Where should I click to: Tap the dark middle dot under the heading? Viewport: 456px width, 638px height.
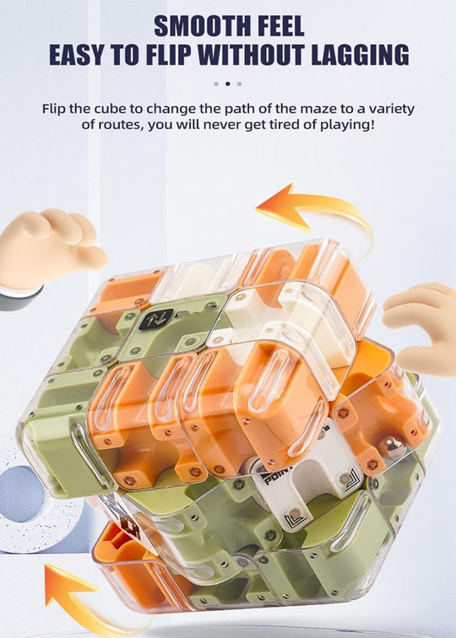tap(228, 84)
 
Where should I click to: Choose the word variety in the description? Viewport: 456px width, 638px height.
tap(390, 108)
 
